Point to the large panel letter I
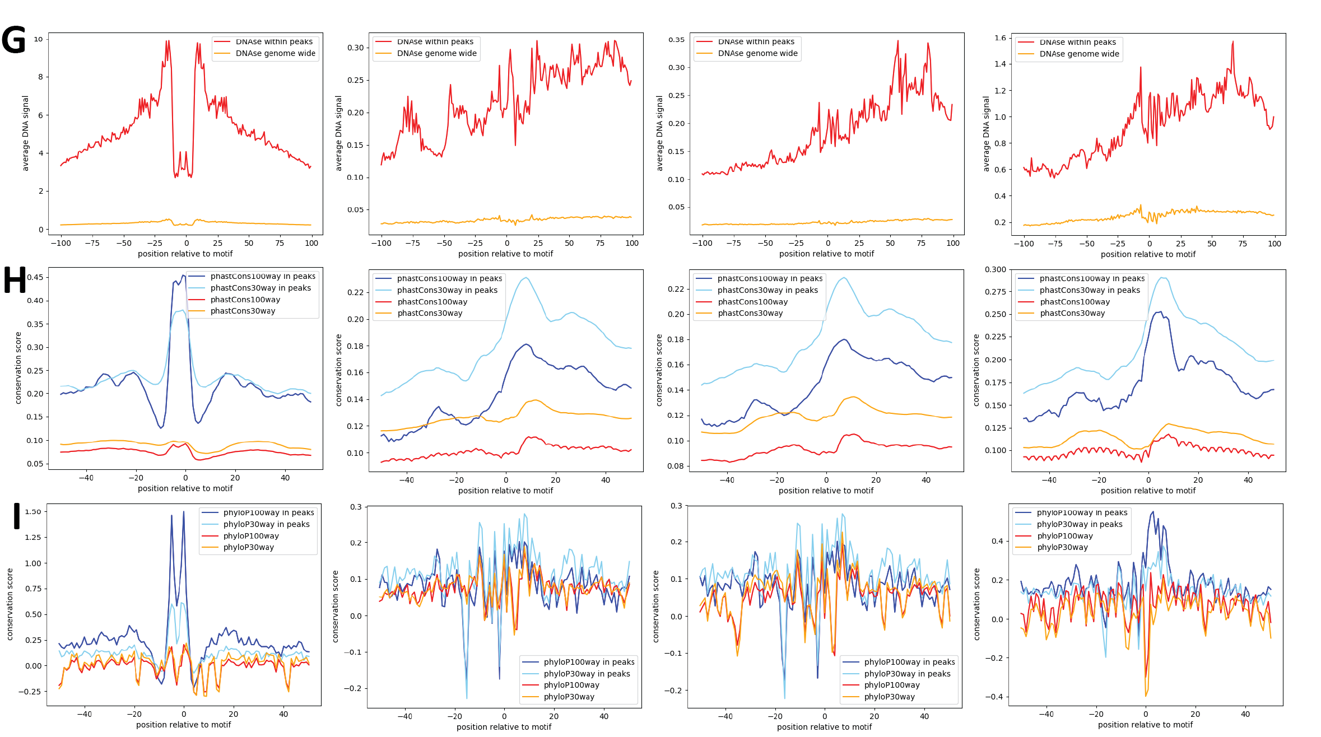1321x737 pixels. (x=17, y=516)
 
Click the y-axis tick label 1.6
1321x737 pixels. (x=1000, y=38)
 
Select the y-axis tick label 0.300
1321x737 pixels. (x=996, y=269)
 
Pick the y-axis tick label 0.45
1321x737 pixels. (x=35, y=277)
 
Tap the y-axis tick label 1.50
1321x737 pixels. (x=33, y=511)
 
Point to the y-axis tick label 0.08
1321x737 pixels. (x=676, y=466)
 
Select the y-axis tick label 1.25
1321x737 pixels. (x=33, y=537)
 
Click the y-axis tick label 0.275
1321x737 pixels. (x=996, y=292)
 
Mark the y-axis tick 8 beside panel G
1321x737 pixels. (x=40, y=77)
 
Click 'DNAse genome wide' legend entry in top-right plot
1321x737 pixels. (x=1079, y=54)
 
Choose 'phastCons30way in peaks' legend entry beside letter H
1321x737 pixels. (x=261, y=288)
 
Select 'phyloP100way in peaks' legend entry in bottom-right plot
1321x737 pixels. (x=1082, y=512)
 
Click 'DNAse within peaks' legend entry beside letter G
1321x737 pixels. (x=274, y=41)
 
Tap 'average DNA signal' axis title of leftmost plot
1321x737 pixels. (x=25, y=133)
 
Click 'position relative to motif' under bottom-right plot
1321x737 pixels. (x=1145, y=725)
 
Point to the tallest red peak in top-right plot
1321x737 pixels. (x=1232, y=42)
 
